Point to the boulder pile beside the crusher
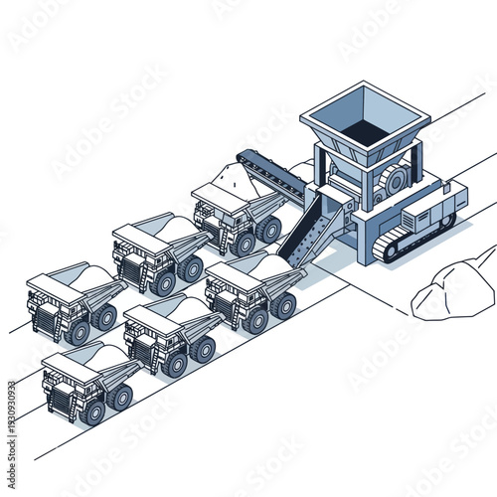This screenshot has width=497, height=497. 453,288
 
